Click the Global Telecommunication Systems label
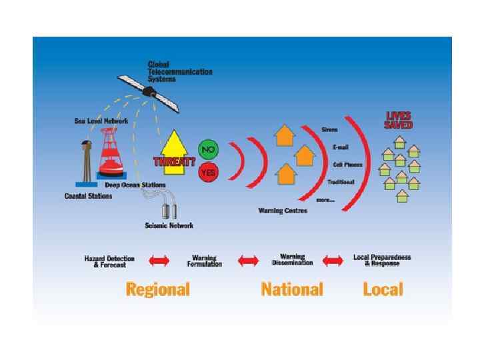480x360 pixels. pyautogui.click(x=179, y=71)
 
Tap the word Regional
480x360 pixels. pyautogui.click(x=158, y=289)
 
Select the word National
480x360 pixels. pyautogui.click(x=292, y=289)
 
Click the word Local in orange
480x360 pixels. pyautogui.click(x=383, y=289)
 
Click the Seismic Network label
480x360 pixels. pyautogui.click(x=169, y=225)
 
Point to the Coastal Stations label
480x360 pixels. pyautogui.click(x=88, y=196)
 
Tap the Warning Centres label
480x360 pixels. pyautogui.click(x=283, y=211)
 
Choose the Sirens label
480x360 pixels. pyautogui.click(x=329, y=129)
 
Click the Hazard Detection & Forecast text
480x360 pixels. pyautogui.click(x=109, y=261)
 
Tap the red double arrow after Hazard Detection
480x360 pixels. pyautogui.click(x=159, y=261)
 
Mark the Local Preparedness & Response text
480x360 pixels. pyautogui.click(x=382, y=261)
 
